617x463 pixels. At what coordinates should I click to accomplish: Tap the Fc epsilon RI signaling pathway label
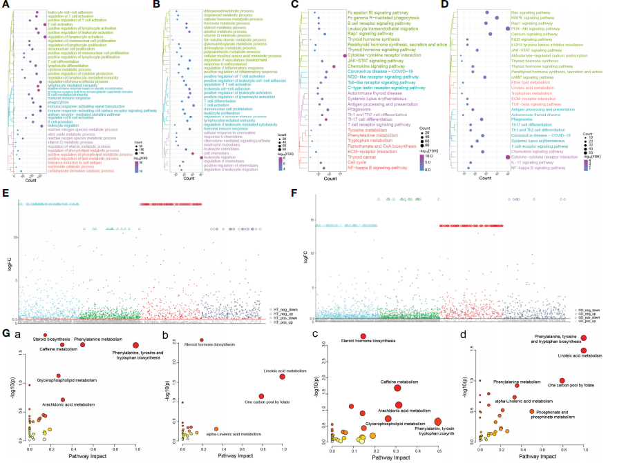click(x=366, y=12)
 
